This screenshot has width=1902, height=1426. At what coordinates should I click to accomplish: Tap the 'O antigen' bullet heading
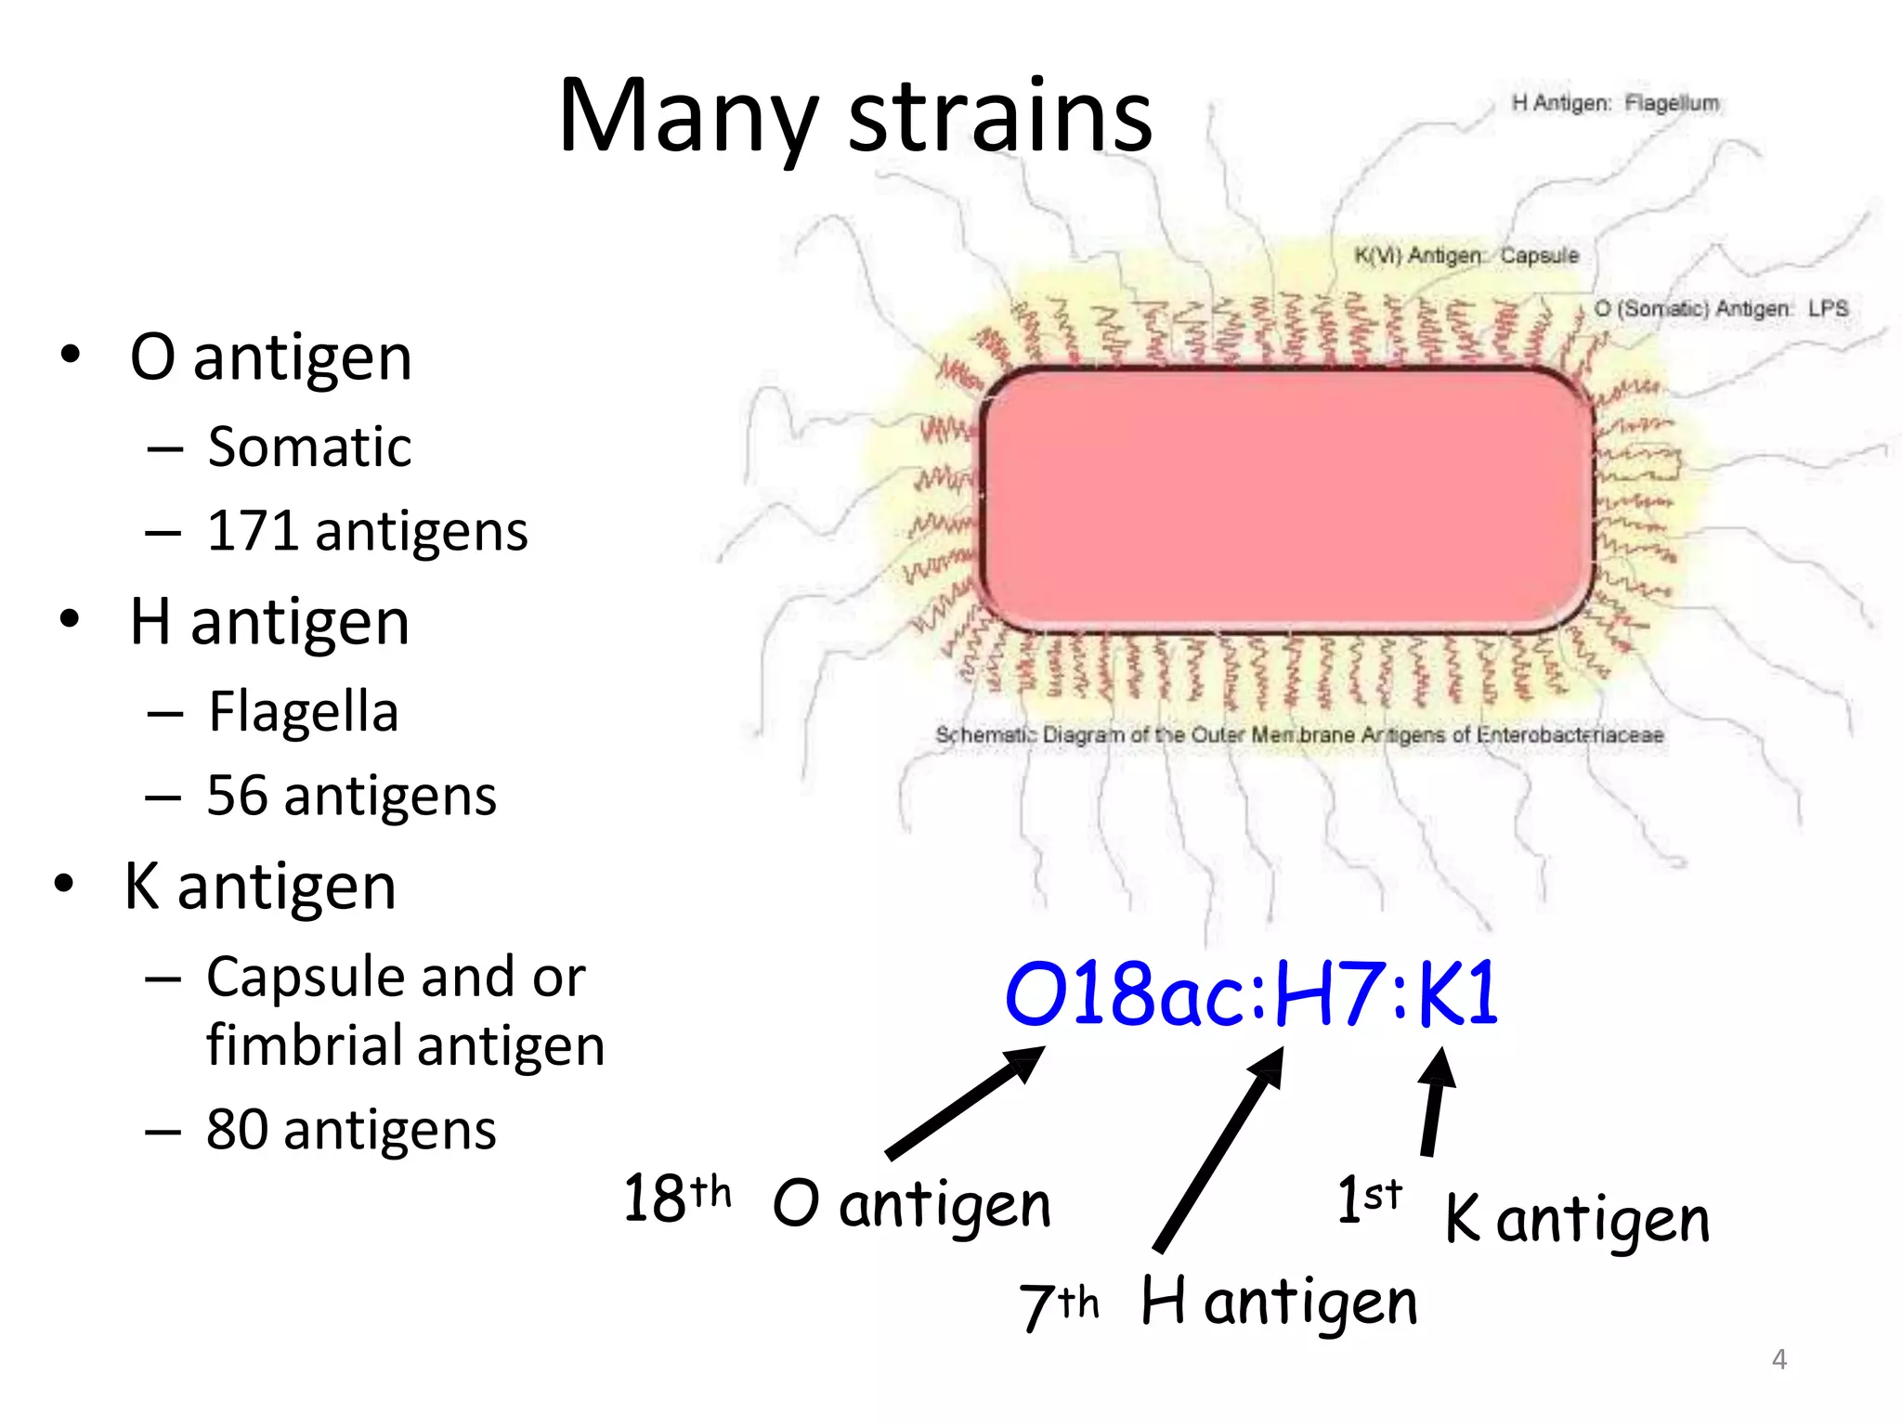click(x=270, y=356)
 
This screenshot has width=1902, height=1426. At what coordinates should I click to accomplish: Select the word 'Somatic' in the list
click(x=309, y=447)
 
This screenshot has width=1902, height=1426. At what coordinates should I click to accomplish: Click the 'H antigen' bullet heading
click(x=269, y=621)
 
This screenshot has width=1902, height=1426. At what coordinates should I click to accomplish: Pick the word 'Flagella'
click(x=304, y=711)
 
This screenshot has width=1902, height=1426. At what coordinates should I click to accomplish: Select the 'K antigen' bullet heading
click(x=261, y=886)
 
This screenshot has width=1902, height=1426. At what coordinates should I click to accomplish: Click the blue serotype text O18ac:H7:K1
click(x=1251, y=993)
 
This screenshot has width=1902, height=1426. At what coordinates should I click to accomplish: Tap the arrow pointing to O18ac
click(x=966, y=1102)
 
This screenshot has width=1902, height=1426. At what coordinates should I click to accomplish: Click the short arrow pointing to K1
click(x=1435, y=1102)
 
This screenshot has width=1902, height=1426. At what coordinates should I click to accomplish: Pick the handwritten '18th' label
click(x=676, y=1197)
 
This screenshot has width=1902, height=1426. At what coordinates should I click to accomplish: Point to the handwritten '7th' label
click(x=1060, y=1303)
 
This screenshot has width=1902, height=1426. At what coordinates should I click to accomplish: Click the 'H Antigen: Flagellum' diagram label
click(x=1614, y=103)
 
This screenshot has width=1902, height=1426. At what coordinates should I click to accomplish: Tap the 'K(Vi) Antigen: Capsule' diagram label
click(x=1466, y=255)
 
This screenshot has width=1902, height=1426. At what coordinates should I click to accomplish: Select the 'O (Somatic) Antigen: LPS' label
click(x=1721, y=308)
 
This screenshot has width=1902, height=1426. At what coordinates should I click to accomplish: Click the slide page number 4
click(x=1778, y=1359)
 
